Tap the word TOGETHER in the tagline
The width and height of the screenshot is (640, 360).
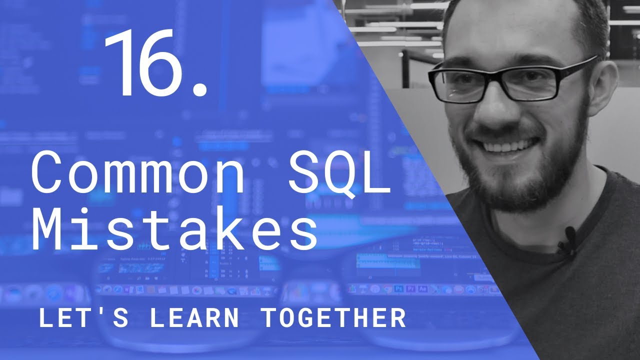334,318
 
